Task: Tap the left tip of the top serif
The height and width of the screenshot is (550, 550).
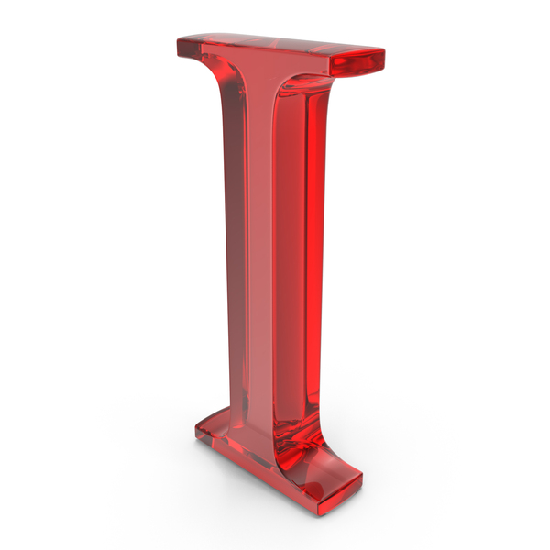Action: click(x=180, y=43)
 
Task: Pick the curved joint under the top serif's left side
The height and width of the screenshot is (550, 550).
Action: click(x=220, y=82)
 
